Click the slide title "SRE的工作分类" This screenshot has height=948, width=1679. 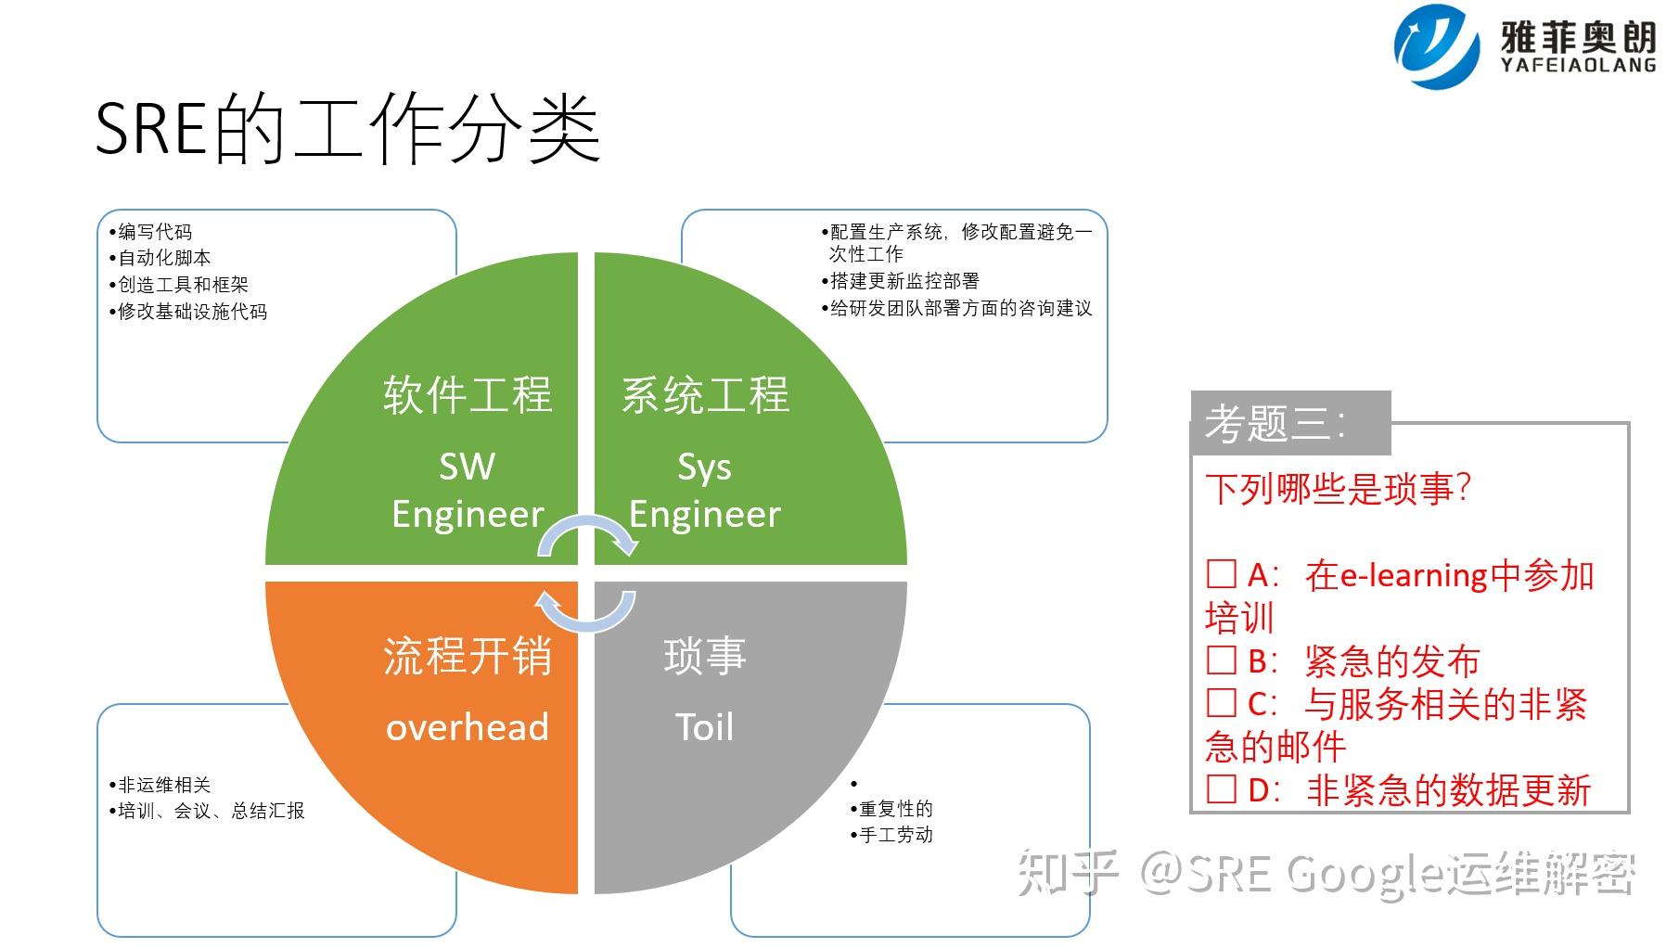348,129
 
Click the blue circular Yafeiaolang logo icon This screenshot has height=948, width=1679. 1436,45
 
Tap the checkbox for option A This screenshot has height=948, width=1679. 1222,574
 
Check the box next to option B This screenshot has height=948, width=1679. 1222,660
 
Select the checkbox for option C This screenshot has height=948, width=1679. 1222,703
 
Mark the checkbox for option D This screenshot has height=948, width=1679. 1222,789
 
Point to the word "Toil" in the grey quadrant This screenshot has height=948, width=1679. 704,727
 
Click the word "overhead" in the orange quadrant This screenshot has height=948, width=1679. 467,727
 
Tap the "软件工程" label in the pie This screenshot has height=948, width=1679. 467,395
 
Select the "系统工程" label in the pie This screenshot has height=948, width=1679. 705,395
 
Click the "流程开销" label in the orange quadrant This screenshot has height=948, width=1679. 467,657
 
